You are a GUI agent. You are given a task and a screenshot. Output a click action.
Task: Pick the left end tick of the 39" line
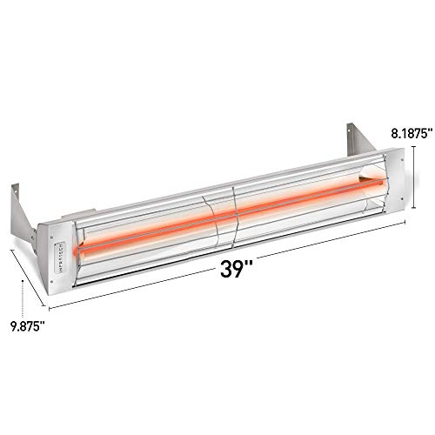pos(49,308)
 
